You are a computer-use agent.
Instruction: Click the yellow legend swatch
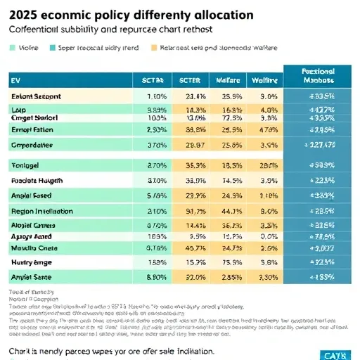click(155, 48)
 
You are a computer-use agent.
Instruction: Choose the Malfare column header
click(226, 80)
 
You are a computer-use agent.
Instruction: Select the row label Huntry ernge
click(32, 262)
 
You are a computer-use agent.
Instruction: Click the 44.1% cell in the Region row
click(227, 210)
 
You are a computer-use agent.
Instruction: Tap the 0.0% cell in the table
click(265, 237)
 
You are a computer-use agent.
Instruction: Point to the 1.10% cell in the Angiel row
click(265, 195)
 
